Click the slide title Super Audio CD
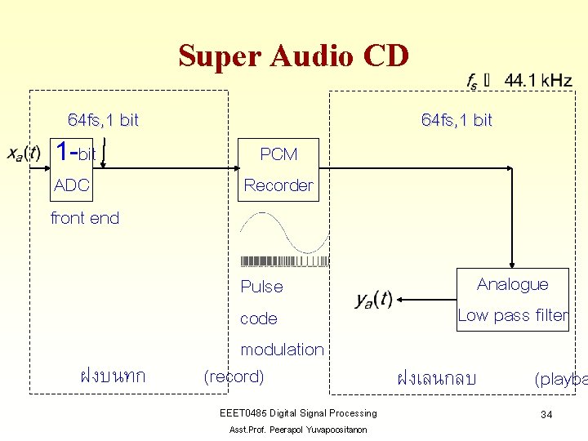[293, 56]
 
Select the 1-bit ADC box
[79, 169]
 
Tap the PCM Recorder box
[278, 170]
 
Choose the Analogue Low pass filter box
[512, 300]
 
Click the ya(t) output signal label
[373, 300]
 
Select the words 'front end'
[85, 218]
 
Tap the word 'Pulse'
[261, 287]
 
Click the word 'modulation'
[282, 350]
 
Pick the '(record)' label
[234, 376]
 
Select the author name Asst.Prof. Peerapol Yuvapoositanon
[298, 430]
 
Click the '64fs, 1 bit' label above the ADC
[103, 120]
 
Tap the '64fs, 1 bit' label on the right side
[457, 120]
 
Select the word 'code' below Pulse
[259, 318]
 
